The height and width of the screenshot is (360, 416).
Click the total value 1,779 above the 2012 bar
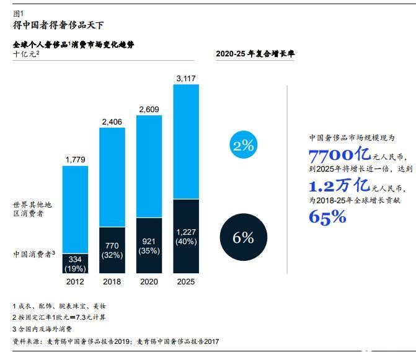76,160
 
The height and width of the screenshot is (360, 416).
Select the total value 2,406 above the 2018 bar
112,121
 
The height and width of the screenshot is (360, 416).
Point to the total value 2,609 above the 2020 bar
149,109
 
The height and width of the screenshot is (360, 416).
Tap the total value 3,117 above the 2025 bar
185,78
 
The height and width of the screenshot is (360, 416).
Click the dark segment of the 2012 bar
76,263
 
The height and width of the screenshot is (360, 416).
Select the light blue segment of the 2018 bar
112,177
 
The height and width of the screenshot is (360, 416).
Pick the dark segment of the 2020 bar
149,245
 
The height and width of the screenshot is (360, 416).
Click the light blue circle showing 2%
244,146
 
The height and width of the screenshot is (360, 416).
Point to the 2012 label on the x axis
76,281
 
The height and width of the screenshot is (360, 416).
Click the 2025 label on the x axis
185,281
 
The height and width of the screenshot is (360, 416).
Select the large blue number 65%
327,216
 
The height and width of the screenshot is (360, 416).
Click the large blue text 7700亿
339,154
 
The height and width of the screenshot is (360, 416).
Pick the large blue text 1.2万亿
339,185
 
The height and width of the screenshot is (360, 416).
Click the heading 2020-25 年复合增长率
255,54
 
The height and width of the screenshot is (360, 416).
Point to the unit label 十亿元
26,55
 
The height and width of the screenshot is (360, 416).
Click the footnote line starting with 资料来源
116,341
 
